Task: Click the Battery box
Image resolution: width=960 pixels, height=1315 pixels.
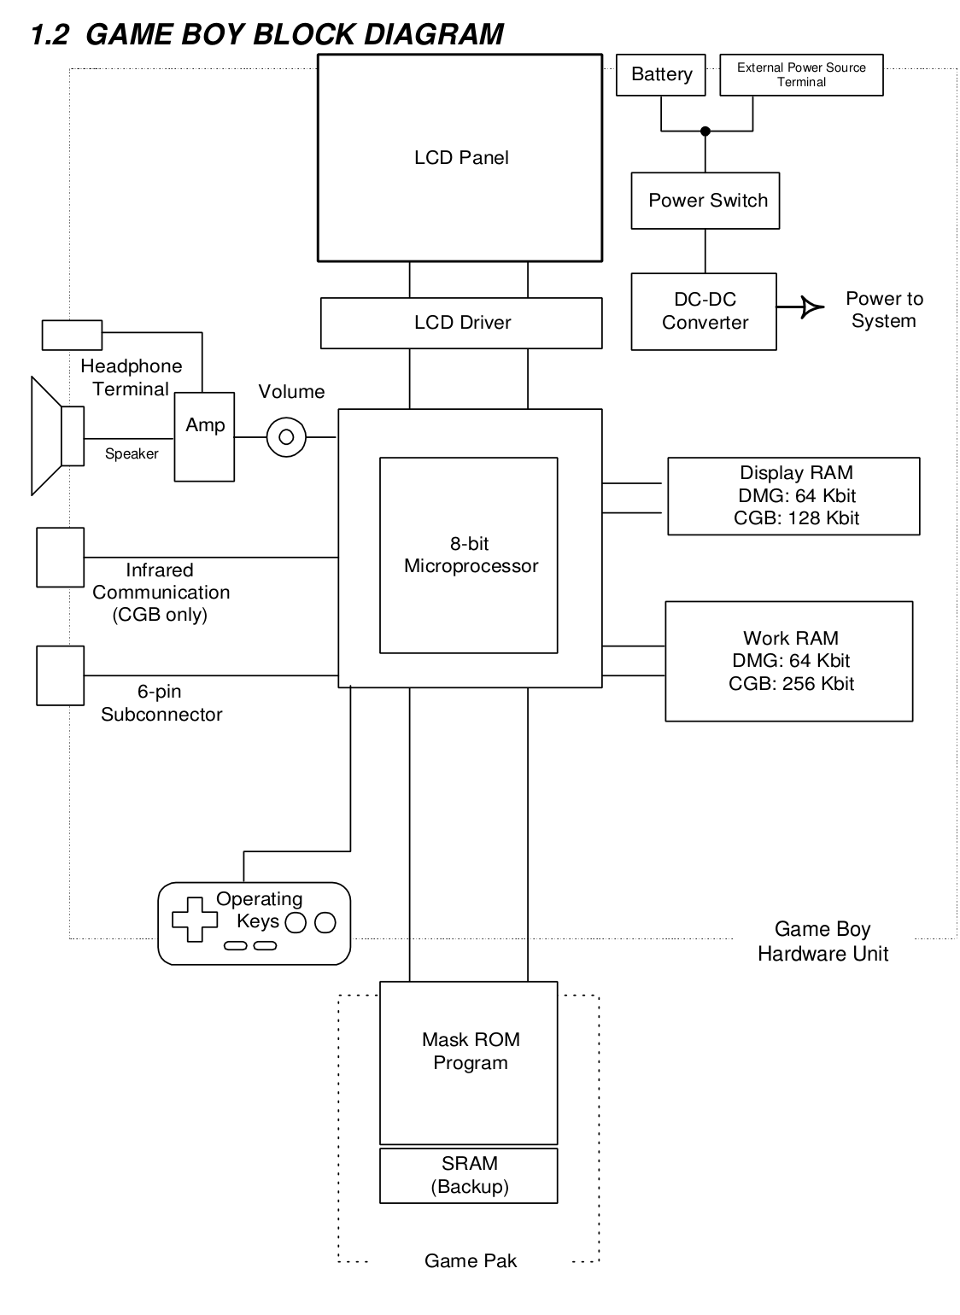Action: pos(661,75)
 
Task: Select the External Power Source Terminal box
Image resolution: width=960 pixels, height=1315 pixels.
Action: pos(801,75)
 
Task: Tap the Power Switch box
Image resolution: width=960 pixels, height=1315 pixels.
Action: pos(705,201)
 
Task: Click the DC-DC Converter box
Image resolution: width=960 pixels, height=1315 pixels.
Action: pos(704,312)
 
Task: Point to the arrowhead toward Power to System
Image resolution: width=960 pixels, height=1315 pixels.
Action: pos(811,307)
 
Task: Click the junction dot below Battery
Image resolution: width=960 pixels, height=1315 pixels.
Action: pos(705,131)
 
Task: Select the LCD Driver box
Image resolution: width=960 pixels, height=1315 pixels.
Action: pos(461,323)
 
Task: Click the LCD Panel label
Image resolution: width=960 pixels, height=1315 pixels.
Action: pos(461,158)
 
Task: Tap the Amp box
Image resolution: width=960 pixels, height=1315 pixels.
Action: pos(205,437)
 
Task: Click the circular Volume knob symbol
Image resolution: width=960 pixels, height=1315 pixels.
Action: pos(286,437)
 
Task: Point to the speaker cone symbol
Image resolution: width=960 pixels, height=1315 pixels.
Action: pos(47,435)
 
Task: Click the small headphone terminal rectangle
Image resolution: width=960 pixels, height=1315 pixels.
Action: pos(73,335)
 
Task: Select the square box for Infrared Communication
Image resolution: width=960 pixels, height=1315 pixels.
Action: pos(60,558)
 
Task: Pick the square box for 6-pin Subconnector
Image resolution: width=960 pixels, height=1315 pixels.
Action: pos(60,675)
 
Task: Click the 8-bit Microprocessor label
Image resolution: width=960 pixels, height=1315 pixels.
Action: pos(470,555)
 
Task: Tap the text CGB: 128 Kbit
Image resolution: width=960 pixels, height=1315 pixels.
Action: pos(796,518)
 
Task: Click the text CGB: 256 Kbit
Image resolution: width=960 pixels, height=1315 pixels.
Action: pos(791,684)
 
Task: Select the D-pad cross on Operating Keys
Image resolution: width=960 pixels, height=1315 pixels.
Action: pos(195,920)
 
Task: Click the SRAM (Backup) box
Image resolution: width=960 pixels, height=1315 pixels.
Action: pos(469,1176)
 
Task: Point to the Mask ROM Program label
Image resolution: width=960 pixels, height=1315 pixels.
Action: pos(470,1051)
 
